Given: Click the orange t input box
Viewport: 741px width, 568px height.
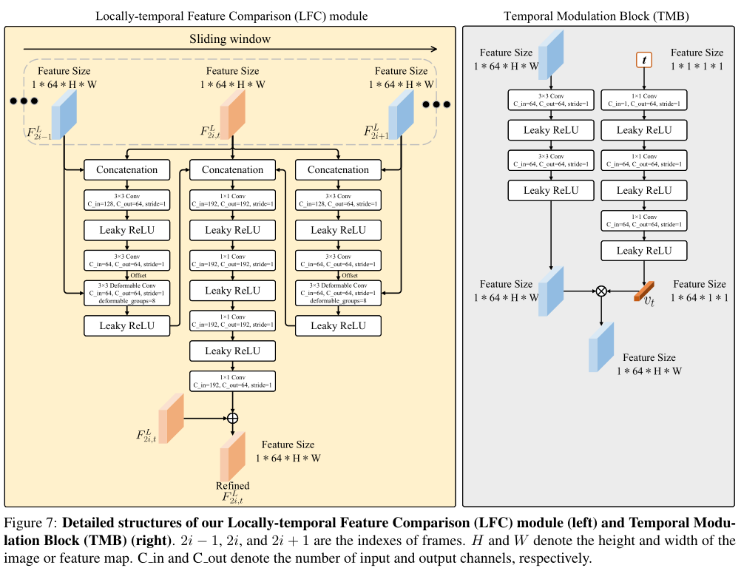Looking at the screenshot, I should (x=644, y=58).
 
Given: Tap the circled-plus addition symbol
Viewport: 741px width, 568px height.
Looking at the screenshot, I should (x=232, y=418).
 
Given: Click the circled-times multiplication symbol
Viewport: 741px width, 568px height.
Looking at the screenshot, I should (x=601, y=291).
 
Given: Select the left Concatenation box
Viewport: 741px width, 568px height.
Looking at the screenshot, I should (x=127, y=169).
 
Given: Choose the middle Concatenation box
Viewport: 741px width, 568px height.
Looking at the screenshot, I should (x=232, y=169).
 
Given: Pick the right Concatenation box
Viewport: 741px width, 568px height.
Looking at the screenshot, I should (x=338, y=169).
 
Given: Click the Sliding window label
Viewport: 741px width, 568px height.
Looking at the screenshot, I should (x=232, y=38).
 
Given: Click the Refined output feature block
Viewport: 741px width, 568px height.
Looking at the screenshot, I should (x=231, y=454).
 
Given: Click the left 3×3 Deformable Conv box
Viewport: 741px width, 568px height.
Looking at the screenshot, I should (x=127, y=293).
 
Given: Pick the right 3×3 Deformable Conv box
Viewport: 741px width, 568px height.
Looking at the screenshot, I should (x=338, y=293).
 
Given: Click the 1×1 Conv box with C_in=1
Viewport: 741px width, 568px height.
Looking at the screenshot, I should (x=644, y=99).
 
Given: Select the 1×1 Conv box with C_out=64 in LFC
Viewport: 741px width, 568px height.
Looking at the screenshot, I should (x=232, y=381).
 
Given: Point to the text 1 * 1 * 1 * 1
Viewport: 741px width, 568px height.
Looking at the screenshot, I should (x=696, y=66).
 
